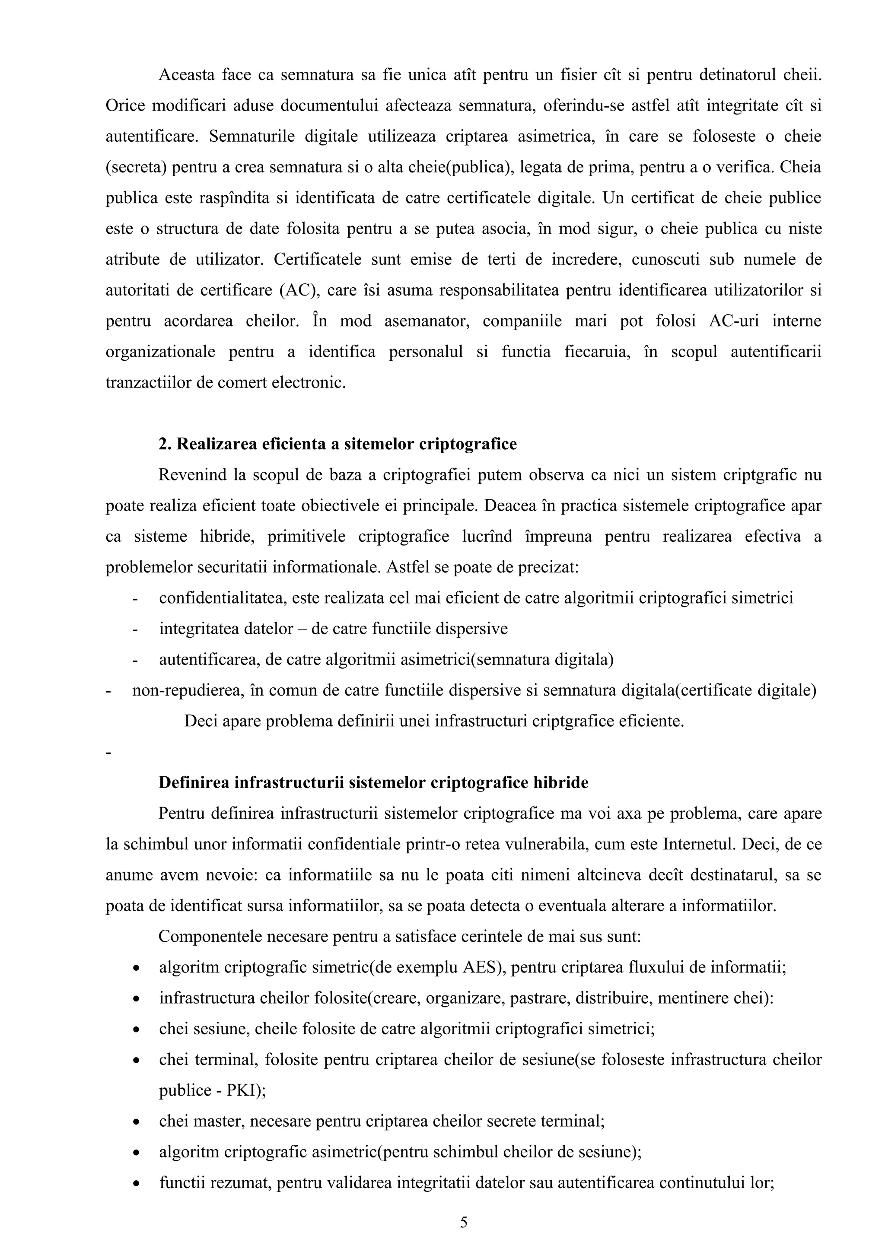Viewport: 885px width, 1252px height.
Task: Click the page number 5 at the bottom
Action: [x=464, y=1222]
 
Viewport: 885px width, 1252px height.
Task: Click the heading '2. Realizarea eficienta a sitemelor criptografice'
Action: [x=337, y=445]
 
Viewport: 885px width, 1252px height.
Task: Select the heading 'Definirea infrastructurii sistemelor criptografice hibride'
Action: [x=373, y=783]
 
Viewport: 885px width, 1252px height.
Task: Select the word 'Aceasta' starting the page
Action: [x=185, y=75]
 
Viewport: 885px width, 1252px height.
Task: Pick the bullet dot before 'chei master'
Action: [x=136, y=1123]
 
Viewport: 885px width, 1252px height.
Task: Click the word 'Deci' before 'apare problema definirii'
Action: [x=200, y=721]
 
